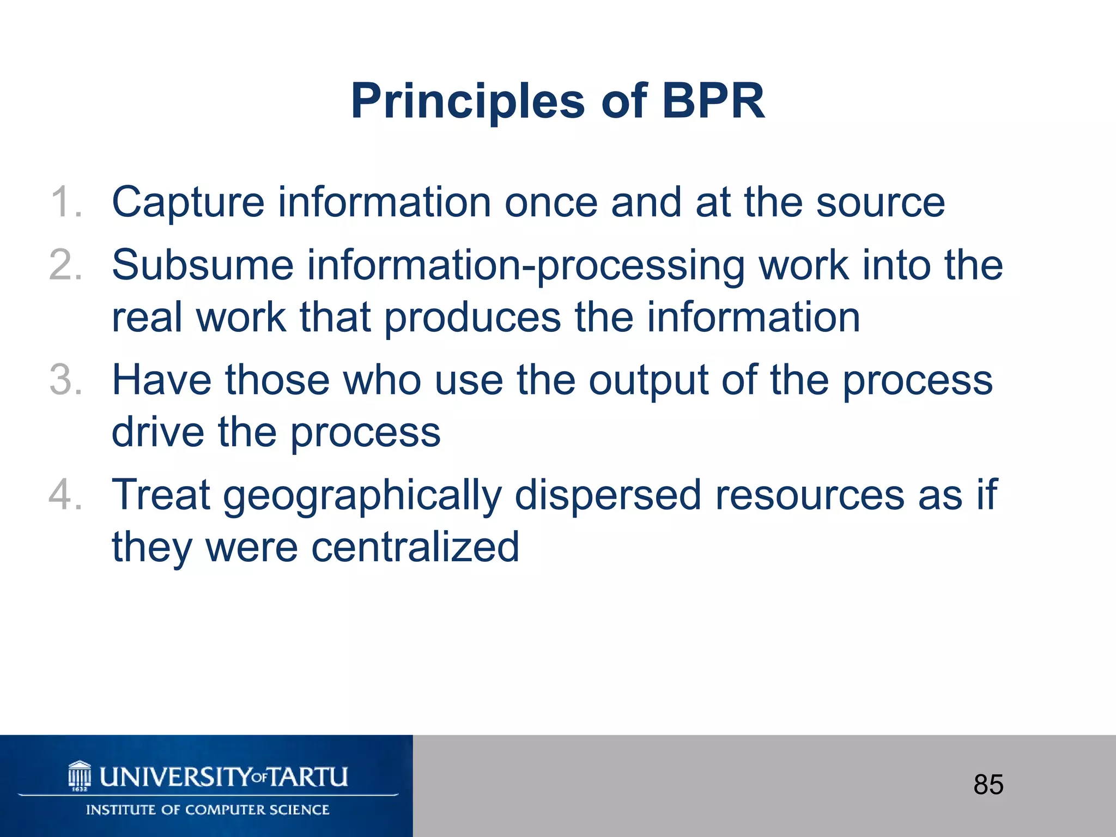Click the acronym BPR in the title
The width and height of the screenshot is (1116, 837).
coord(713,101)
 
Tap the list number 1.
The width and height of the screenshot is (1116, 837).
coord(65,203)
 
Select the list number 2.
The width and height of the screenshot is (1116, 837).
coord(65,265)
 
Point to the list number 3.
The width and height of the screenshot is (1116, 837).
coord(65,380)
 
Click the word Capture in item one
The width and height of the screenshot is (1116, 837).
coord(188,203)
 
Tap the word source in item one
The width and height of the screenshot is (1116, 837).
coord(880,203)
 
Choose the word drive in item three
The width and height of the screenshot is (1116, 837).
coord(158,433)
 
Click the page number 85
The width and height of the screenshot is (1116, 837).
coord(988,785)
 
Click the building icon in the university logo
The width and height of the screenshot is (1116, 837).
coord(80,775)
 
